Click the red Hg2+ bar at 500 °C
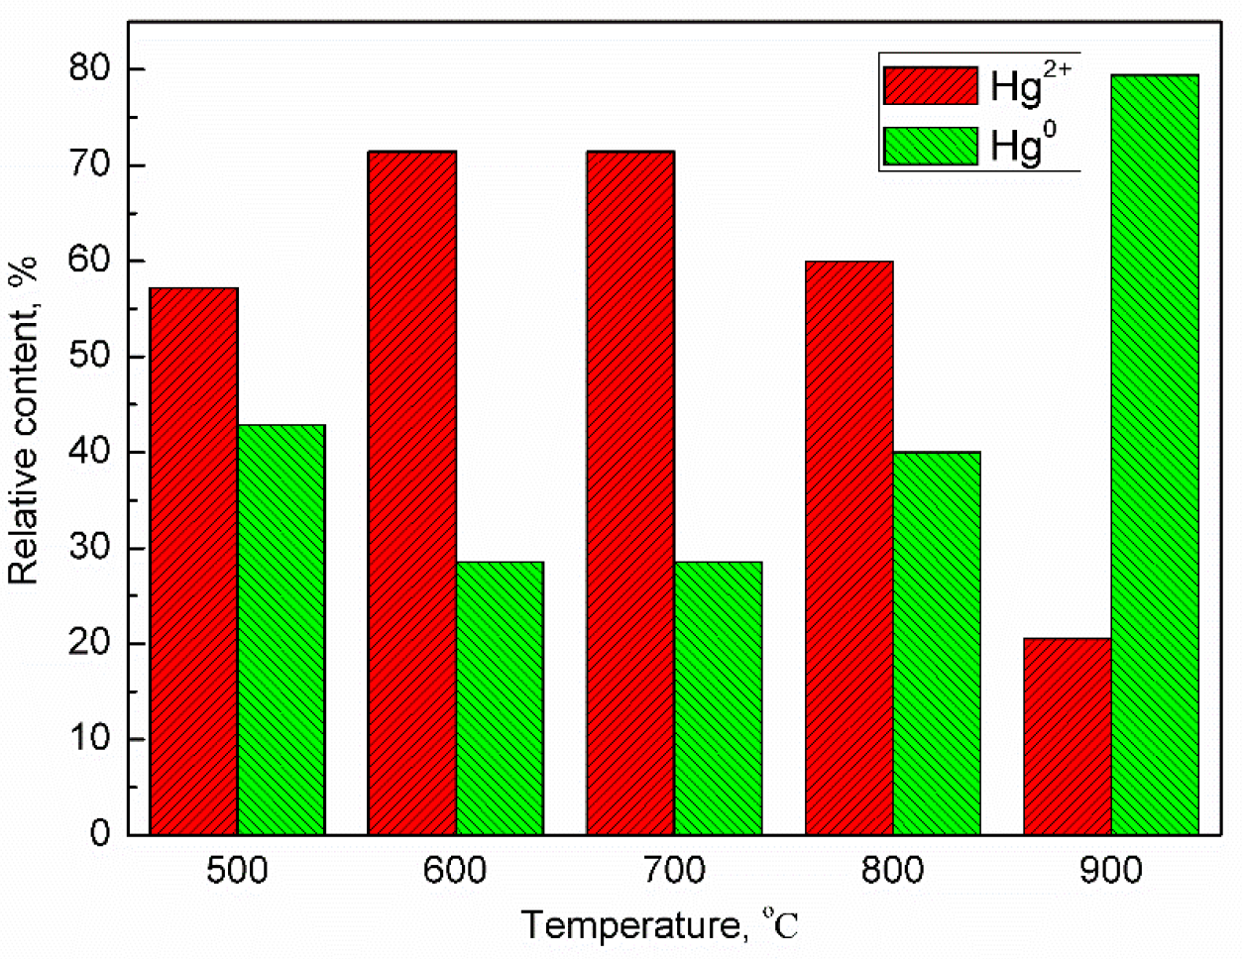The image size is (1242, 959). pyautogui.click(x=194, y=561)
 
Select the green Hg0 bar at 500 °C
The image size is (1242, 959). pyautogui.click(x=282, y=629)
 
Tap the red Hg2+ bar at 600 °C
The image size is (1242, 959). pyautogui.click(x=412, y=492)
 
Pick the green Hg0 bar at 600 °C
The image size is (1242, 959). pyautogui.click(x=500, y=697)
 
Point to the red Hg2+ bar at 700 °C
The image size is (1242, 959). pyautogui.click(x=630, y=492)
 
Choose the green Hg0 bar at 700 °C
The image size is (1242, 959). pyautogui.click(x=718, y=697)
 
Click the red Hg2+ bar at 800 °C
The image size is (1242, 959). pyautogui.click(x=849, y=548)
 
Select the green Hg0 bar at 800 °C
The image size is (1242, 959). pyautogui.click(x=937, y=643)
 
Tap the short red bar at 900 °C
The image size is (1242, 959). pyautogui.click(x=1068, y=736)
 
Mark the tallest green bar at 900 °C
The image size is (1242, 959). pyautogui.click(x=1155, y=455)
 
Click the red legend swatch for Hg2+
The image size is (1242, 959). pyautogui.click(x=931, y=86)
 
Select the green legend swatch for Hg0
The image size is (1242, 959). pyautogui.click(x=931, y=147)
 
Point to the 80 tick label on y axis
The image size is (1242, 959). pyautogui.click(x=90, y=69)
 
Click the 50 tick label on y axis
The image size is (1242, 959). pyautogui.click(x=90, y=357)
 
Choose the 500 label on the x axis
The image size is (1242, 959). pyautogui.click(x=237, y=872)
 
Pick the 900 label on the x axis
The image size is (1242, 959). pyautogui.click(x=1111, y=872)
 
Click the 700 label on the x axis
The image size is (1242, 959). pyautogui.click(x=674, y=872)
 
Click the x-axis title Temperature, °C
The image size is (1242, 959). pyautogui.click(x=659, y=925)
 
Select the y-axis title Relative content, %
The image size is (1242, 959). pyautogui.click(x=24, y=419)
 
